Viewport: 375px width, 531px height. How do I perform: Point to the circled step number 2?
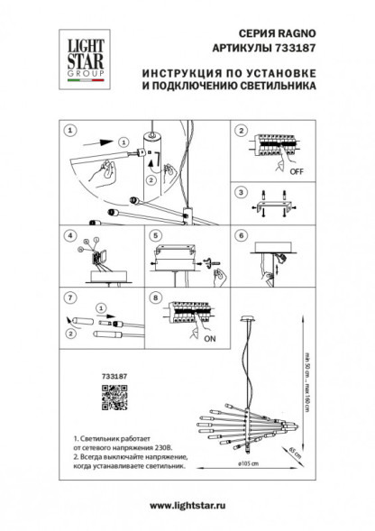[x=240, y=131]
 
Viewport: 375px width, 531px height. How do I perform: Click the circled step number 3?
[x=240, y=191]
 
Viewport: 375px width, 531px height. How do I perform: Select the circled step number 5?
[x=155, y=238]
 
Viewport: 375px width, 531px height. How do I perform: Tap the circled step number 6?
[x=240, y=238]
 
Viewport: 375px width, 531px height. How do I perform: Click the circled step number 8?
[x=155, y=296]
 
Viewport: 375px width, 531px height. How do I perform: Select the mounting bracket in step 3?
[x=270, y=208]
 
